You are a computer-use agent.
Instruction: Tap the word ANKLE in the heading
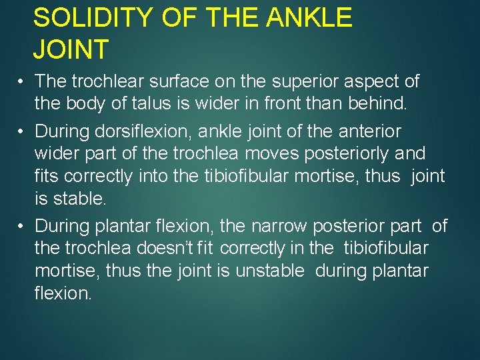tap(309, 18)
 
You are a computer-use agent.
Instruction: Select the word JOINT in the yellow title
tap(71, 49)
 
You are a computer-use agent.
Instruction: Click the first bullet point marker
tap(22, 82)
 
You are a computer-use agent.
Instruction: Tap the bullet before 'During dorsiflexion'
tap(22, 131)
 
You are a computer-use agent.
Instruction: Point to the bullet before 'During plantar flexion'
tap(22, 226)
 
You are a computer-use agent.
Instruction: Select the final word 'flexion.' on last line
tap(63, 294)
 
